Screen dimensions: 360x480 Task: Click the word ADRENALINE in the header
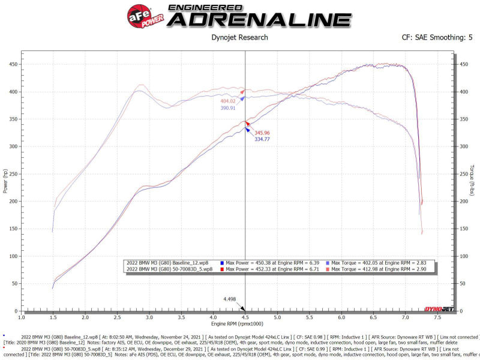click(259, 19)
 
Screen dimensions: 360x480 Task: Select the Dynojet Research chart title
click(240, 37)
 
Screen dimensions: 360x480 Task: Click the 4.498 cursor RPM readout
click(229, 299)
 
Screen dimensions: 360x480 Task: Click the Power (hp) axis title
click(5, 180)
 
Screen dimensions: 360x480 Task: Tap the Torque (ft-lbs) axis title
click(473, 180)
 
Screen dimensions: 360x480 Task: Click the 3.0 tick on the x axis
click(149, 316)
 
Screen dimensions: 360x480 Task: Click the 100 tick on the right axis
click(463, 256)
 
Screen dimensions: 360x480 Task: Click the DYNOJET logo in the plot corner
click(439, 309)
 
